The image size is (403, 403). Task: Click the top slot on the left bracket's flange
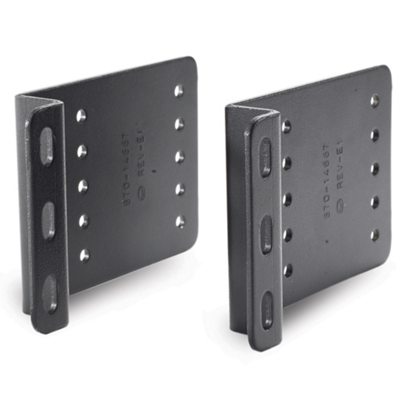46,146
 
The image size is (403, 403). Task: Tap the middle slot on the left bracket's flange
48,221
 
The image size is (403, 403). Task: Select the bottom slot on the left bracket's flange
50,293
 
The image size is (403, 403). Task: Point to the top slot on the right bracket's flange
265,157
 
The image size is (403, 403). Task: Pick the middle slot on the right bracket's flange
266,234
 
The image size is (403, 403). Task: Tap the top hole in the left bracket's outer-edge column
178,91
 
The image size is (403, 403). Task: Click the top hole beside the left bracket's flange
81,116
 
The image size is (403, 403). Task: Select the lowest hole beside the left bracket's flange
84,255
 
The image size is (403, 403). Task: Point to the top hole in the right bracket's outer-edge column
375,101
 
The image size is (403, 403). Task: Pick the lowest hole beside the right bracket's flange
288,271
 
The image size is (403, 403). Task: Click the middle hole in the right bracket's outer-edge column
375,168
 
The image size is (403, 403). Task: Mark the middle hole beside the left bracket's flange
83,186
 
